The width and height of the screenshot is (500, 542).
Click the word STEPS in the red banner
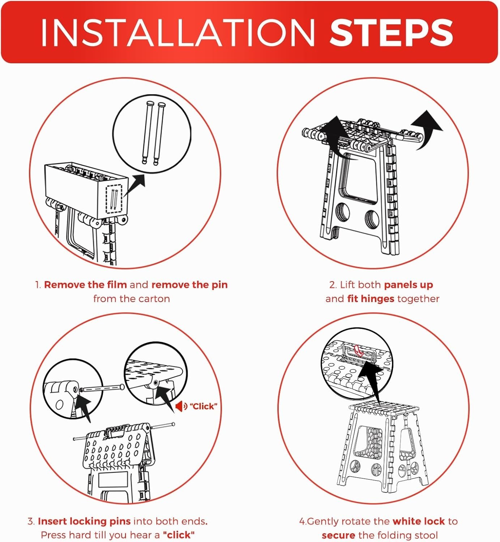click(391, 33)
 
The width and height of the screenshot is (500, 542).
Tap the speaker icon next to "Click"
click(181, 406)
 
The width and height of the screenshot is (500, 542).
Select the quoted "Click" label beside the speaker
click(204, 406)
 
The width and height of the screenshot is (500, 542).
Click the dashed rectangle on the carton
click(114, 199)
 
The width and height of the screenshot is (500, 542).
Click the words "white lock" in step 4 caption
click(419, 521)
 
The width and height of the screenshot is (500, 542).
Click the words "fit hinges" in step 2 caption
click(371, 298)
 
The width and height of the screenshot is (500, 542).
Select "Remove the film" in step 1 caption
click(85, 285)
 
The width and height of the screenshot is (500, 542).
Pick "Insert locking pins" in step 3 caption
click(84, 521)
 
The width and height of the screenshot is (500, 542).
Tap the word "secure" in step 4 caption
click(338, 535)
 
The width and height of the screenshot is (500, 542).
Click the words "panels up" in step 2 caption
click(409, 285)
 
